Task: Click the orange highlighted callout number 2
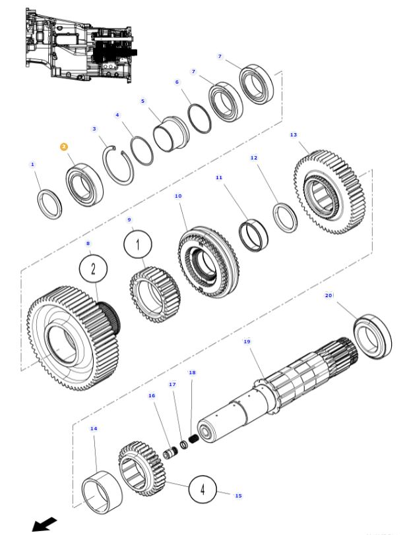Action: click(x=64, y=146)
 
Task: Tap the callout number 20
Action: click(x=329, y=296)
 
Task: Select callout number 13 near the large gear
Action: click(x=294, y=135)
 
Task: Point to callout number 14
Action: click(x=94, y=429)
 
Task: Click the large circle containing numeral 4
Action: click(x=203, y=490)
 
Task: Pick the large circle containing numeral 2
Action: click(x=93, y=269)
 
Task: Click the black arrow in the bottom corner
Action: click(x=44, y=524)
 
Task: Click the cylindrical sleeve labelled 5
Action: click(x=171, y=134)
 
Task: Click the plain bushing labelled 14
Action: click(x=102, y=491)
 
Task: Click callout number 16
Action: click(x=152, y=396)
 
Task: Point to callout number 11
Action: click(x=219, y=177)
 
